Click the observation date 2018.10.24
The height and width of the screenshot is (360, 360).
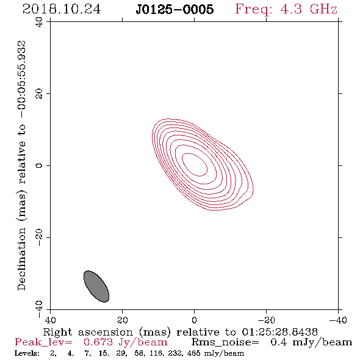point(62,9)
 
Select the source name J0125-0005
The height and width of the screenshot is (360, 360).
point(175,10)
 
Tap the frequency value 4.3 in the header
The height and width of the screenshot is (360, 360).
point(291,9)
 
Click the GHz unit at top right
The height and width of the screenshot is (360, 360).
point(323,9)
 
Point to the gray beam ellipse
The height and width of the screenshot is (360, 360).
point(96,286)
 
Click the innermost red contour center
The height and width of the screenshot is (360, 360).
point(195,164)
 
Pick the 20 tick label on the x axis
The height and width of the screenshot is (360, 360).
point(123,320)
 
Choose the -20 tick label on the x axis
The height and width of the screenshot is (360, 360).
point(266,320)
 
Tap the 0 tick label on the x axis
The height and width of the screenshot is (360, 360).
point(194,320)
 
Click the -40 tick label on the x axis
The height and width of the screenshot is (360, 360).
point(338,320)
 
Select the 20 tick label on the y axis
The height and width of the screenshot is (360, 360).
point(39,94)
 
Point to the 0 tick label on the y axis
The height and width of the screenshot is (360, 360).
point(39,165)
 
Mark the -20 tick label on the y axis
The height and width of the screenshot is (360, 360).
point(39,237)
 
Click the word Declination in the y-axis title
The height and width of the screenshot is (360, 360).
point(21,259)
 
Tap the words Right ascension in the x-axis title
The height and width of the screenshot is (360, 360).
point(88,332)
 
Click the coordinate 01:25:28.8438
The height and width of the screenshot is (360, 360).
point(280,332)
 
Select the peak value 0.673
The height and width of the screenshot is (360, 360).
point(98,342)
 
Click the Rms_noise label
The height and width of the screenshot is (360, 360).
point(225,342)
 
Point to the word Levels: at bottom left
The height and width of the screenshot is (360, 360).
point(27,353)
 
